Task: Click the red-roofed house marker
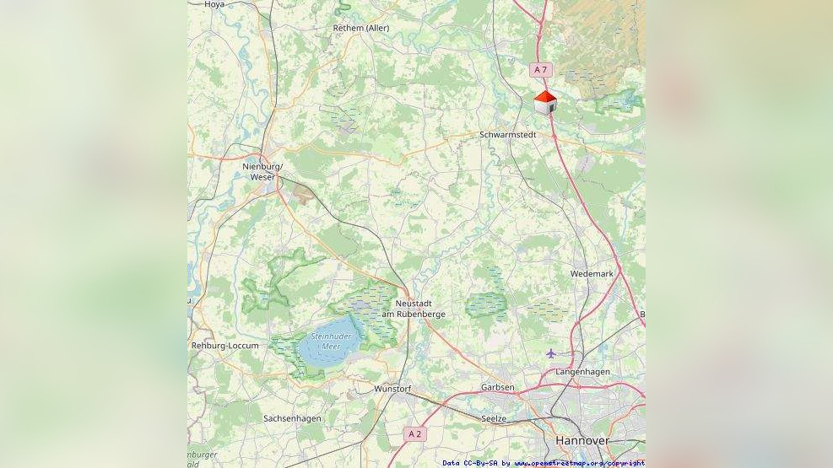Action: tap(545, 102)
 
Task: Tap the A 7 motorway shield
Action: tap(540, 69)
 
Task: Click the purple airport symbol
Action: tap(551, 352)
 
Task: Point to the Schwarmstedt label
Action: tap(507, 134)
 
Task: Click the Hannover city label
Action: tap(582, 441)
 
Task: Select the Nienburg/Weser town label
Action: tap(262, 171)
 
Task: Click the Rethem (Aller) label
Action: tap(360, 28)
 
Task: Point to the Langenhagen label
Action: tap(582, 372)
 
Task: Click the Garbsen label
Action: tap(497, 387)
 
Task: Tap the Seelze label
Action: tap(494, 418)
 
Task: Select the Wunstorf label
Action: tap(392, 389)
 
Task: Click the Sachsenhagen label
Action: tap(292, 418)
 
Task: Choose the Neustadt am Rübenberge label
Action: tap(414, 308)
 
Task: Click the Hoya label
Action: tap(214, 4)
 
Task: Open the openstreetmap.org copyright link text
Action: tap(579, 463)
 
